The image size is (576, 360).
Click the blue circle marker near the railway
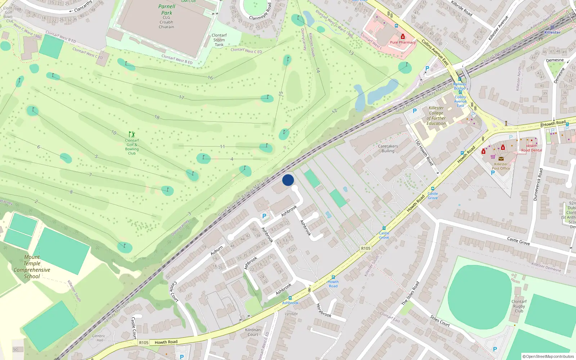tap(288, 180)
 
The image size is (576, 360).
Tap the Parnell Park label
tap(167, 10)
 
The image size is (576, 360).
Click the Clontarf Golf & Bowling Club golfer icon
tap(132, 134)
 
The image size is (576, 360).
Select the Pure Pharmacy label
tap(402, 42)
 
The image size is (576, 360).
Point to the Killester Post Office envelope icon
tap(501, 158)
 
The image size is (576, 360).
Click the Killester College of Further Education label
tap(436, 116)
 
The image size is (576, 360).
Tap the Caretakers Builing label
tap(388, 149)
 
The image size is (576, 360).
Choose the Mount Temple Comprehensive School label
tap(32, 267)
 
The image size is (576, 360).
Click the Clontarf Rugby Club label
tap(519, 306)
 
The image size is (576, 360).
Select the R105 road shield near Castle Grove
tap(365, 248)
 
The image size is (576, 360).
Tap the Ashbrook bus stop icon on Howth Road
tap(290, 298)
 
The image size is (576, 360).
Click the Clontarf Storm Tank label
tap(219, 40)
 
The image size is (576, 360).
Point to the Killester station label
tap(552, 32)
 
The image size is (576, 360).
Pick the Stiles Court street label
tap(440, 321)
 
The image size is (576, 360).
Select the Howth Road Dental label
tap(531, 148)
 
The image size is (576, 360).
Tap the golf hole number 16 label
tap(210, 78)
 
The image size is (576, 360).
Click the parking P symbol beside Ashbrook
tap(264, 216)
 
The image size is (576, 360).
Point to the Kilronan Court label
tap(253, 332)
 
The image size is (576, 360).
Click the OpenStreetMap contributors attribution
tap(548, 356)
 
